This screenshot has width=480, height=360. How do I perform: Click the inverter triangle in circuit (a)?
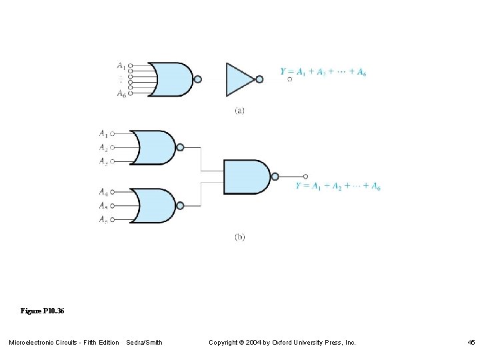click(239, 79)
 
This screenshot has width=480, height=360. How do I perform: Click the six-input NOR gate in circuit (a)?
click(171, 79)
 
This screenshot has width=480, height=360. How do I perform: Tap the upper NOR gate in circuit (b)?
click(154, 147)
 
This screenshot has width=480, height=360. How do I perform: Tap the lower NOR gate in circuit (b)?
click(154, 205)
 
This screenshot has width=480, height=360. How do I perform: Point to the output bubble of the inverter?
click(259, 79)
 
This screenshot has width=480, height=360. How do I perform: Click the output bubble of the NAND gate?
click(274, 177)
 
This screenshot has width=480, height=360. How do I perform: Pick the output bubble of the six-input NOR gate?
click(197, 79)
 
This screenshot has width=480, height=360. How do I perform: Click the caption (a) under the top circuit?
click(239, 111)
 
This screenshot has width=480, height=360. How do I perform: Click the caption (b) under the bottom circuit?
click(239, 237)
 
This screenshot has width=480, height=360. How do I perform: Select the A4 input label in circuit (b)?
click(104, 192)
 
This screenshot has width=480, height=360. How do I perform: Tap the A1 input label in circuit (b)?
click(104, 133)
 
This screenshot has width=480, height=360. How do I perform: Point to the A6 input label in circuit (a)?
click(121, 94)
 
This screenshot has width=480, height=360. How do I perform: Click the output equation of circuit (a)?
click(323, 71)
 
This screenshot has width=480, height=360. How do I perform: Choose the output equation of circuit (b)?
click(338, 185)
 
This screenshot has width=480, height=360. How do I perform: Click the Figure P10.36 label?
click(42, 311)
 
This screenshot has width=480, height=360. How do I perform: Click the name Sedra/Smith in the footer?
click(144, 343)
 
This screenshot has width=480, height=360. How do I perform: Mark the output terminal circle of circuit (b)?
click(305, 177)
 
